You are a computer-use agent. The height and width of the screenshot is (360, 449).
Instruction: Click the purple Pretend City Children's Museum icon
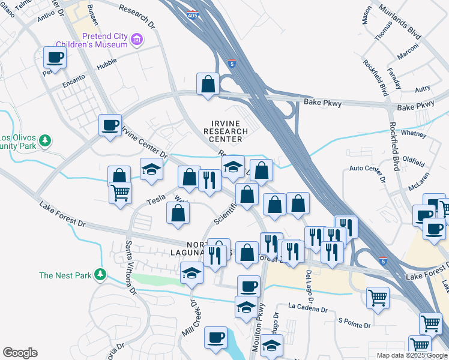(137, 40)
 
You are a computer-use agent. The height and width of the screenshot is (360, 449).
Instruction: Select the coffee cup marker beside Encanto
(55, 58)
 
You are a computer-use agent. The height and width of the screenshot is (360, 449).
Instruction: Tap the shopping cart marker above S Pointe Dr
(378, 298)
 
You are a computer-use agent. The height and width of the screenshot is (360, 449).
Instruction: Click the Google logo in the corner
(20, 353)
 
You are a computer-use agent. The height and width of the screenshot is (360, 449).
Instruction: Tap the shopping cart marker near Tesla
(120, 194)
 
